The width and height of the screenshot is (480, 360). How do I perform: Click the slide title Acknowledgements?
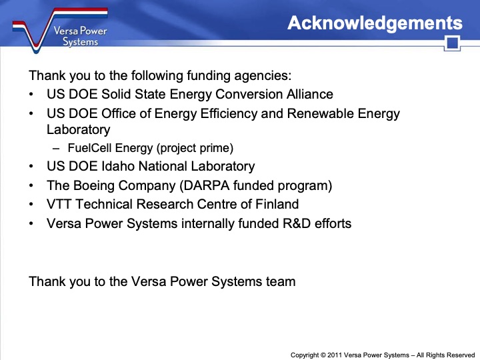click(375, 23)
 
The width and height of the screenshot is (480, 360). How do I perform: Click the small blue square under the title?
click(453, 44)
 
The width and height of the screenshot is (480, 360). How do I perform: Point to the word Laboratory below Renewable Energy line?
click(78, 130)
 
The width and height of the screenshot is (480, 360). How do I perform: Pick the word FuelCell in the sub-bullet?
click(90, 148)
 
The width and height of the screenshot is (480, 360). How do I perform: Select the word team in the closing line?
click(281, 281)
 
